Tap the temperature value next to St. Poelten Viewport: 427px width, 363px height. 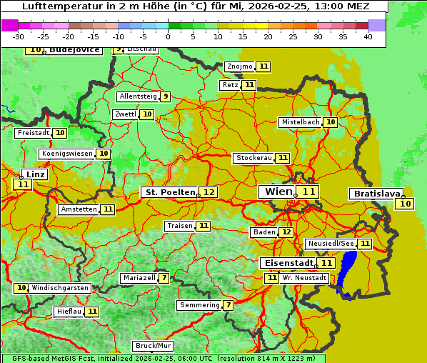pos(209,192)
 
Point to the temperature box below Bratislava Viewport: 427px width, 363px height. pos(406,204)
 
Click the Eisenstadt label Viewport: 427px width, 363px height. pos(285,263)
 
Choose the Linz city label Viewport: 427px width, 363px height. pos(35,174)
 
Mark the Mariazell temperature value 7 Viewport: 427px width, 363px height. pos(164,278)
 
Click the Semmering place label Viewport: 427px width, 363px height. pos(199,305)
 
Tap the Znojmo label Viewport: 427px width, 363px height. pos(239,66)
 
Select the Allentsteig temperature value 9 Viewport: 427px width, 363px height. pos(165,96)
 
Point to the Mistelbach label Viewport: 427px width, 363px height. pos(300,122)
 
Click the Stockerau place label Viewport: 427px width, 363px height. pos(253,158)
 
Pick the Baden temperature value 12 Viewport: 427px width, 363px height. pos(286,232)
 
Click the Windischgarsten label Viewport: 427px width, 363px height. pos(60,288)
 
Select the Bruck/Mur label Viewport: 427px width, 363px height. pos(154,346)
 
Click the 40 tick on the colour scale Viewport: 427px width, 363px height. pos(368,36)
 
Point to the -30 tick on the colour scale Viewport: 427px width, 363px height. pos(19,36)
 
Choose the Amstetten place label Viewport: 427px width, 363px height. pos(79,209)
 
